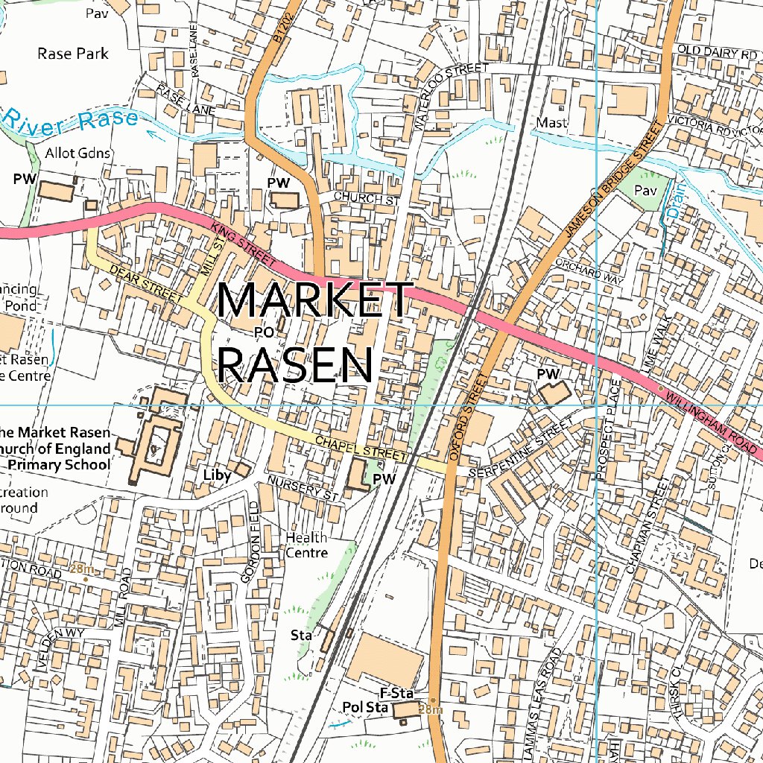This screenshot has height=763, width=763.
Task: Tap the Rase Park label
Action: coord(72,54)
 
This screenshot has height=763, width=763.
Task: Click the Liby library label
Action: coord(217,474)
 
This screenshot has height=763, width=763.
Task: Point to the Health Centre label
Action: coord(306,545)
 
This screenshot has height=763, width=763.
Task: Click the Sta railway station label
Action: coord(300,636)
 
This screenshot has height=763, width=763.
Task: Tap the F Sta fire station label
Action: coord(396,694)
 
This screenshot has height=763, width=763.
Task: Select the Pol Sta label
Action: coord(364,707)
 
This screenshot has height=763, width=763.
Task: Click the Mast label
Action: coord(551,122)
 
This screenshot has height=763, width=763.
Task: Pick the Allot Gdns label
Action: coord(77,153)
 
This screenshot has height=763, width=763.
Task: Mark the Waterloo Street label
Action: coord(451,95)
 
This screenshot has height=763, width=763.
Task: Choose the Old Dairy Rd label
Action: coord(717,54)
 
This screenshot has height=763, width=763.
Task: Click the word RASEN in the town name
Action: coord(297,364)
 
